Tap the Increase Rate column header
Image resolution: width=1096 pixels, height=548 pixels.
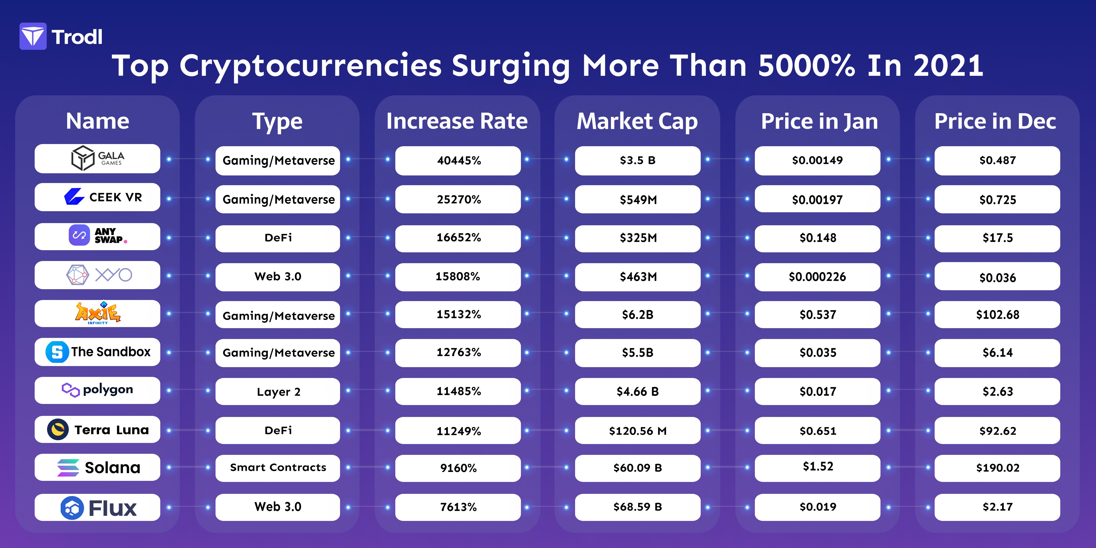(457, 121)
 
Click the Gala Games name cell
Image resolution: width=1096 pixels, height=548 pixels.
(97, 159)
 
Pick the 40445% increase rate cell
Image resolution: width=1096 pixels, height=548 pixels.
(458, 160)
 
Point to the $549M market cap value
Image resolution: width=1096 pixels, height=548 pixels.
(638, 200)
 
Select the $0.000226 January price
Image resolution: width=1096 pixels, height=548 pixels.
(817, 277)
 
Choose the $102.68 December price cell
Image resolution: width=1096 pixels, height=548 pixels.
(997, 314)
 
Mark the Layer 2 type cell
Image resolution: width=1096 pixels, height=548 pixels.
(278, 392)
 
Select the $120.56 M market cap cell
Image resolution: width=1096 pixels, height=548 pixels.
(638, 430)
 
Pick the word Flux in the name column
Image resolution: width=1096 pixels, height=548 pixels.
(113, 508)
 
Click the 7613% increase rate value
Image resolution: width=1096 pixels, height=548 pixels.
(458, 507)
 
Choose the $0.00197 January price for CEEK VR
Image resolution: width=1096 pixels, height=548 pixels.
(817, 200)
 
